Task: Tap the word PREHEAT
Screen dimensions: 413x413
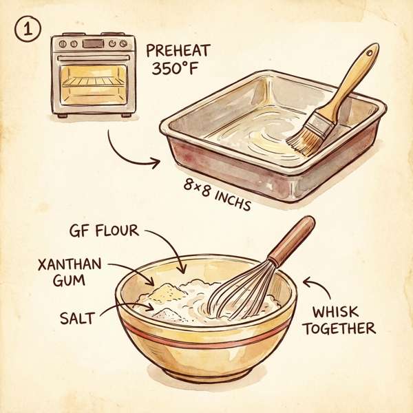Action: pos(178,50)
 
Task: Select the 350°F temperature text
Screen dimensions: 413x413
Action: pos(175,68)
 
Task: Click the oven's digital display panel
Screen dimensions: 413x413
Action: pos(93,43)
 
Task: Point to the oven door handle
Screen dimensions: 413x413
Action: pos(94,59)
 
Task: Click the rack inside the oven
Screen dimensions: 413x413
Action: pos(93,82)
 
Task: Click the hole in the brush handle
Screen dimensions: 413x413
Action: pos(369,53)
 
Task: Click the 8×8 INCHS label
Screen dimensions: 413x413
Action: pos(217,195)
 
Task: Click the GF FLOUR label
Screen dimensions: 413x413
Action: pos(104,231)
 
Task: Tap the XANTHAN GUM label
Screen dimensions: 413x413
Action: pos(70,272)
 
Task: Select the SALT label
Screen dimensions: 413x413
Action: pos(77,318)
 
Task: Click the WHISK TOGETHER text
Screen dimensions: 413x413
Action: pos(339,320)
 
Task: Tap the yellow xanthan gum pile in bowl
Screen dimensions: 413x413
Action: pos(167,292)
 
